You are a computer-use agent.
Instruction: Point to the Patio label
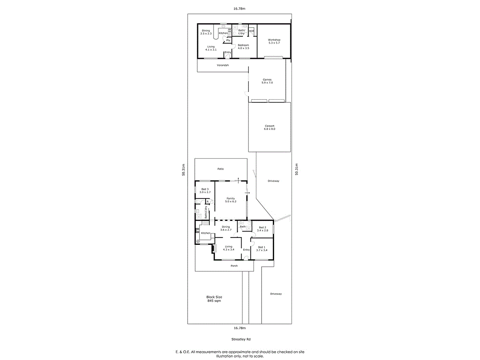coord(220,169)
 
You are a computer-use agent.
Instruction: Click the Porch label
coord(234,266)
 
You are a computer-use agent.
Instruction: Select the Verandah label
coord(223,65)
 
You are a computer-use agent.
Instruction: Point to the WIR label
coord(252,31)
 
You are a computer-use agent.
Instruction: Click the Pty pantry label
coord(228,40)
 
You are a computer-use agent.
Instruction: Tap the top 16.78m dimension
coord(239,8)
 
